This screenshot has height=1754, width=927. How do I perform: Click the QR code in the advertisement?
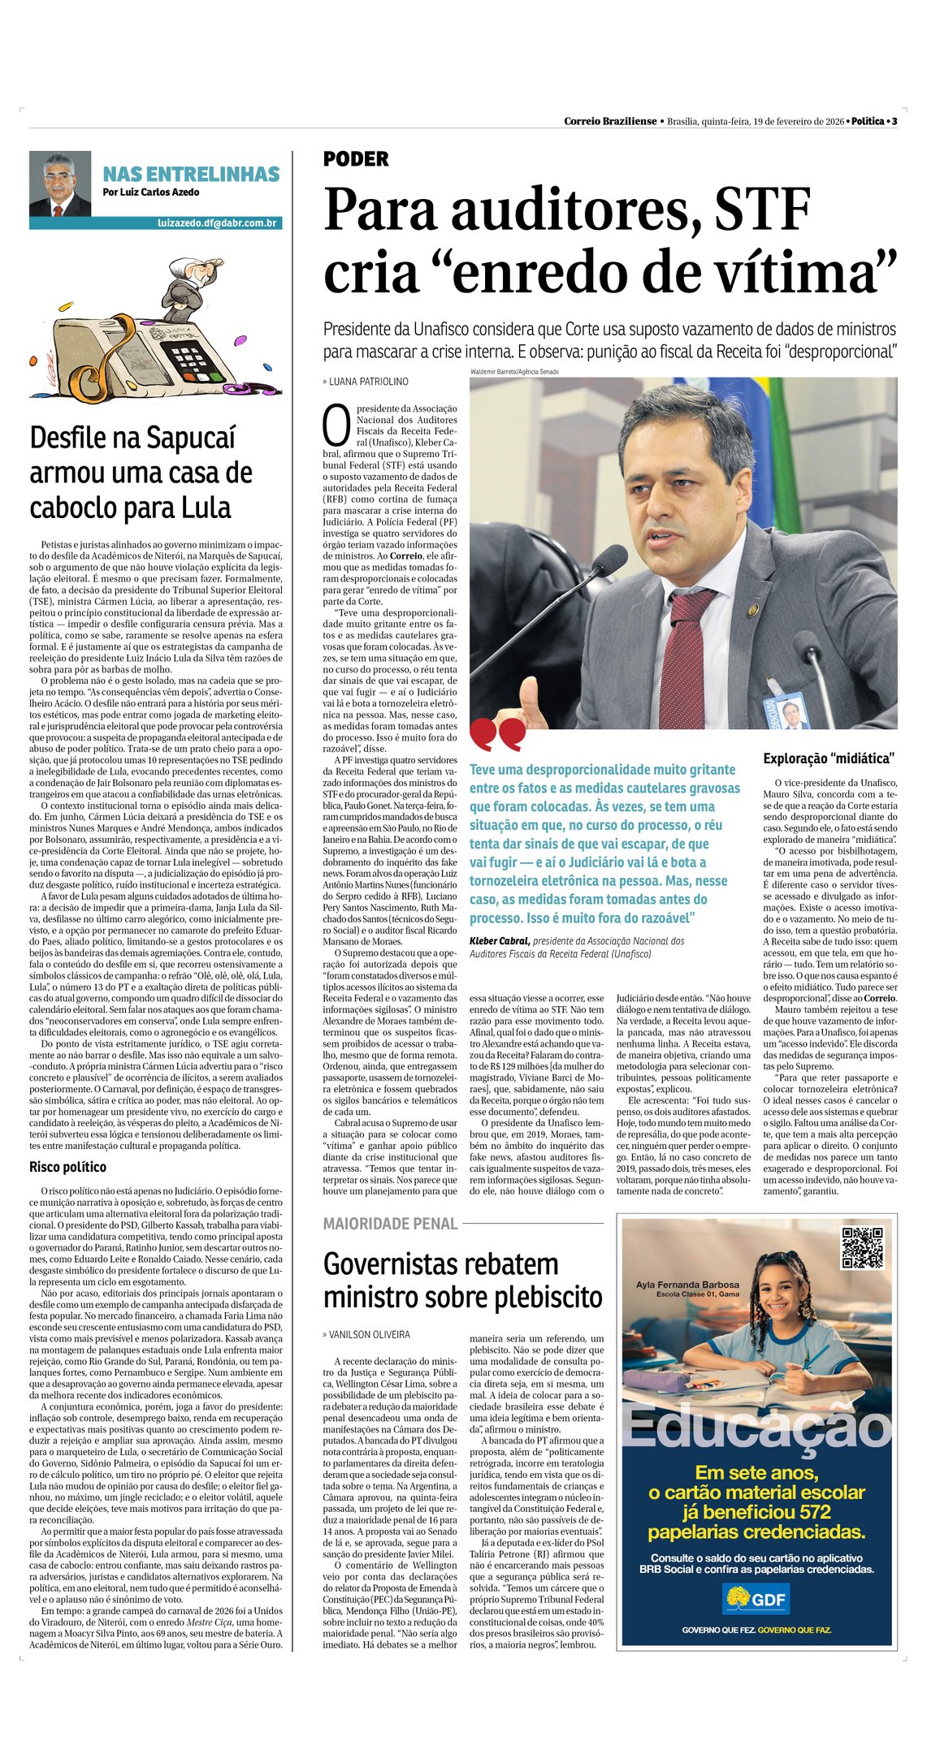click(861, 1248)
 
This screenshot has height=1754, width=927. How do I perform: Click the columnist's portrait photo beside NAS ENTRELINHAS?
click(60, 184)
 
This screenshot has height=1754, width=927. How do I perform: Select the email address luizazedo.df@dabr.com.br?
click(217, 222)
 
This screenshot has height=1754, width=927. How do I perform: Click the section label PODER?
click(356, 159)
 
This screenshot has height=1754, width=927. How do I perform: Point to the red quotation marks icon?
click(496, 734)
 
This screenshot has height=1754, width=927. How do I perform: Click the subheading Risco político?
click(67, 1167)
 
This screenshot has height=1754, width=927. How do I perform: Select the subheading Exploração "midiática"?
click(829, 758)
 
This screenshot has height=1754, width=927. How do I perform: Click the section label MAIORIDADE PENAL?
click(390, 1223)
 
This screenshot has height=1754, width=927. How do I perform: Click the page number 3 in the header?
click(895, 121)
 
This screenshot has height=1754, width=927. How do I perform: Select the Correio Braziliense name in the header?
click(610, 121)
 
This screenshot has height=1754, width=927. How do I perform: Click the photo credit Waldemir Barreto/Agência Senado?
click(514, 372)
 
